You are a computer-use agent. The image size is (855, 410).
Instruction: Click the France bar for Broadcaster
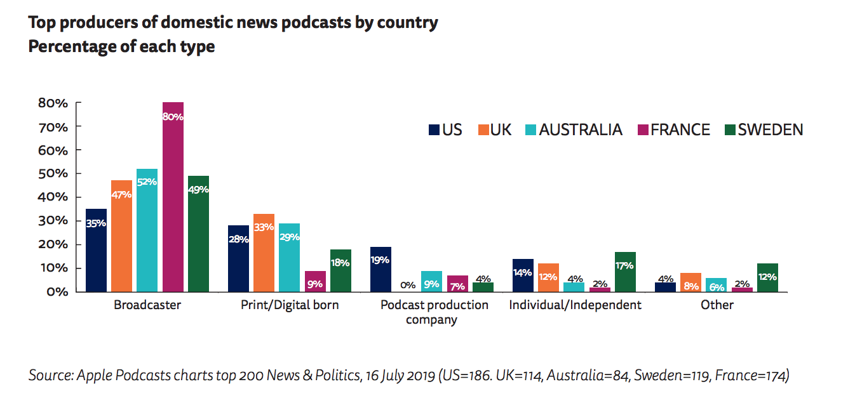pos(173,197)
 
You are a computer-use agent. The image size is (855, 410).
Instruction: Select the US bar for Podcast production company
pos(380,269)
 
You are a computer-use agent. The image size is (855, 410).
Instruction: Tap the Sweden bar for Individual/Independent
pos(625,272)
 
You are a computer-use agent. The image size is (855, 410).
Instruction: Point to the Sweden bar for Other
pos(767,277)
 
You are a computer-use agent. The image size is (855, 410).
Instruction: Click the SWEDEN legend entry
pos(764,130)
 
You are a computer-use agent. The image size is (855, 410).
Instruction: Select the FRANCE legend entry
pos(672,130)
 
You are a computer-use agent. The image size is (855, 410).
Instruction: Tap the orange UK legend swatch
pos(481,130)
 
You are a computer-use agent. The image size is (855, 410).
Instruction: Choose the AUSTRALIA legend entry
pos(574,130)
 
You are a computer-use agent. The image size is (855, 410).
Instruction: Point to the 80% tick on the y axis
pos(54,103)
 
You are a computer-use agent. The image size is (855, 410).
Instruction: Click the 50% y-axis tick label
pos(54,173)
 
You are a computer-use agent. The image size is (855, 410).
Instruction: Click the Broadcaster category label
pos(147,305)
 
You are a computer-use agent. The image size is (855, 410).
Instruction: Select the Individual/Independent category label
pos(575,305)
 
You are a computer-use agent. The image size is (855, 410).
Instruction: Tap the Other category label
pos(717,305)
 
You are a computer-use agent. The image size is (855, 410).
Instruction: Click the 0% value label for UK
pos(407,285)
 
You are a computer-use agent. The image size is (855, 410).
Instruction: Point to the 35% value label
pos(96,223)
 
